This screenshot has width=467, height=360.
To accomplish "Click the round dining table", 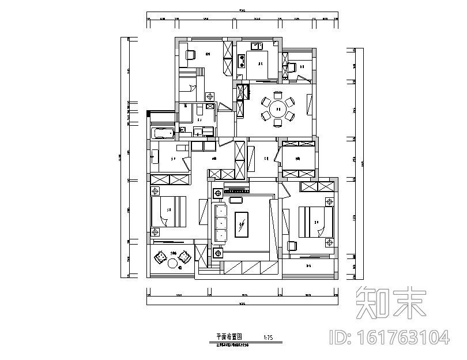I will tap(278, 108).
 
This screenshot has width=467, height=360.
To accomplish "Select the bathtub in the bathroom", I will tap(162, 134).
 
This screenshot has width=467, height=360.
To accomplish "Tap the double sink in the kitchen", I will tap(257, 46).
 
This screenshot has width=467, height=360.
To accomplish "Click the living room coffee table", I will tap(242, 224).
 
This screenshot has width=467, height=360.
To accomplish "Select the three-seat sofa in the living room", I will tap(220, 223).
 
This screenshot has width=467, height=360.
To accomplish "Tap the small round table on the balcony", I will tap(172, 264).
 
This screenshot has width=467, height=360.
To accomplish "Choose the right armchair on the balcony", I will tap(184, 257).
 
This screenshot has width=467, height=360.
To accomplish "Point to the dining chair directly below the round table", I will tap(278, 122).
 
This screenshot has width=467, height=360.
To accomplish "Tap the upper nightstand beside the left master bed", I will tap(155, 190).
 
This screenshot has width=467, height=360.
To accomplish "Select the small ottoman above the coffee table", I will tap(236, 200).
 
